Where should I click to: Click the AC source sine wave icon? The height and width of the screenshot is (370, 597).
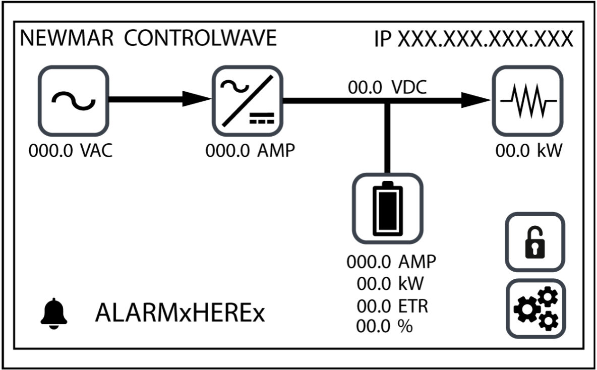click(74, 100)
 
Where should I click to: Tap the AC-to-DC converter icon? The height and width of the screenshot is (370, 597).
click(247, 100)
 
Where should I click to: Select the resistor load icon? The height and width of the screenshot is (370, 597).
click(527, 100)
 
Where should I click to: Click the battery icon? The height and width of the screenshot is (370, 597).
click(387, 208)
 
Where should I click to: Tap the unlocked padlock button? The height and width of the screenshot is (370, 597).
click(535, 242)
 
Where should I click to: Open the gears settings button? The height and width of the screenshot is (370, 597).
click(535, 308)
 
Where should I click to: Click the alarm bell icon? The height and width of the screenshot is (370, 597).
click(53, 314)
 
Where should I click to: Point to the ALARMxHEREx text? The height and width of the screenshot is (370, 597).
click(180, 314)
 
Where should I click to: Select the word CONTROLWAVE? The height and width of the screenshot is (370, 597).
click(201, 39)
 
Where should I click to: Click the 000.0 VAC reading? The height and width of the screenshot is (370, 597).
click(71, 151)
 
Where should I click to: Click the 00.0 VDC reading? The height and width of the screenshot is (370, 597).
click(387, 88)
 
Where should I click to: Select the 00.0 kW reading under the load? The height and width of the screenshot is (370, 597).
click(528, 151)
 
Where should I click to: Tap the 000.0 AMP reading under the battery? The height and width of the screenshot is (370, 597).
click(391, 262)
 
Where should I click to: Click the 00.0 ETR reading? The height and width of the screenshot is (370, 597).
click(392, 305)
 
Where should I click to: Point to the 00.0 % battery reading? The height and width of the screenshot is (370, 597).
click(384, 326)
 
